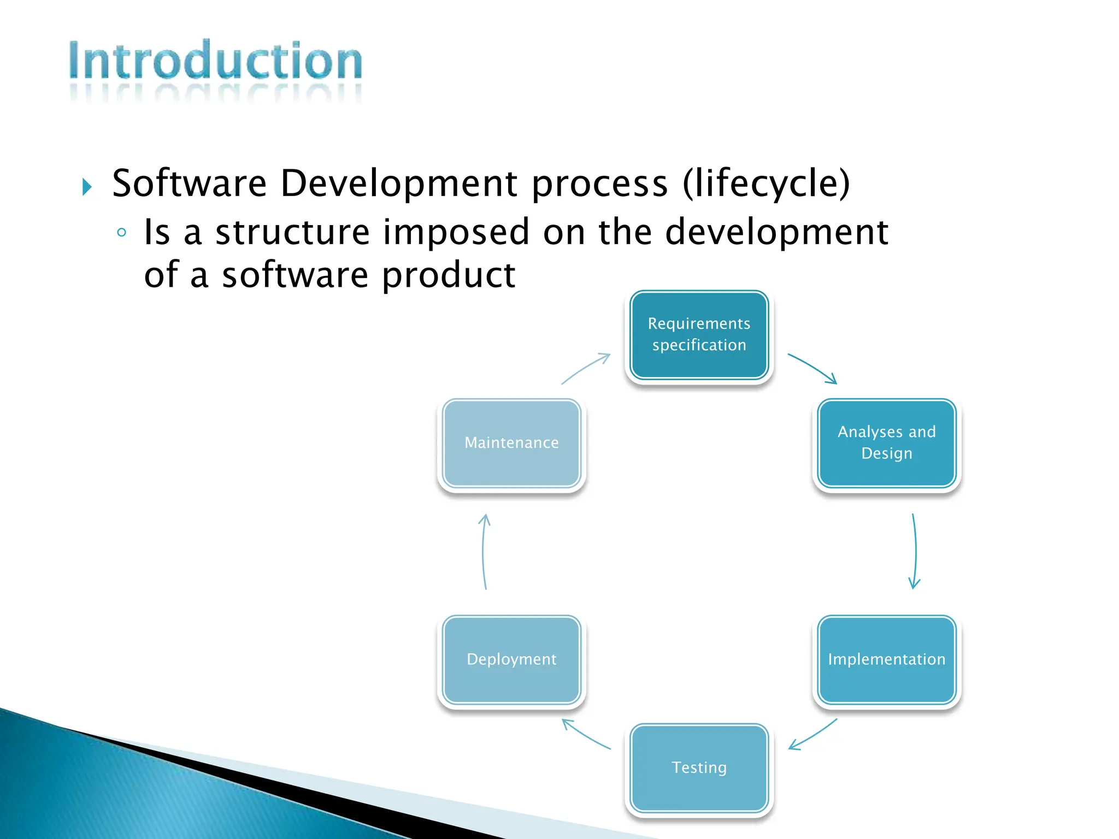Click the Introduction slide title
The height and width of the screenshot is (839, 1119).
(x=215, y=61)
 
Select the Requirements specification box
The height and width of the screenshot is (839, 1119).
(x=699, y=335)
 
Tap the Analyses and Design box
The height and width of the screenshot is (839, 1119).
(x=886, y=443)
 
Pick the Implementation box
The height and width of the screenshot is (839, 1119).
(x=886, y=659)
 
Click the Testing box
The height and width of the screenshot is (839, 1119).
(x=699, y=767)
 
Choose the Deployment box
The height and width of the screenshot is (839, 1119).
(x=511, y=659)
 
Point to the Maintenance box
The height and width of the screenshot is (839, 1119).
(x=511, y=443)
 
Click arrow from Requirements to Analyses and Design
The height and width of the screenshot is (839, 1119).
(x=813, y=367)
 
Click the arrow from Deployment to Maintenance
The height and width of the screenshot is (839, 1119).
(x=483, y=552)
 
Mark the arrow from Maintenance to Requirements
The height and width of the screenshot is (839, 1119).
(x=586, y=367)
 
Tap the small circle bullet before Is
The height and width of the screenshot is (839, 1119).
(x=122, y=233)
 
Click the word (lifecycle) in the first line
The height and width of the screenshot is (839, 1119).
(x=766, y=184)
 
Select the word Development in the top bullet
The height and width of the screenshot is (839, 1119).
(x=398, y=184)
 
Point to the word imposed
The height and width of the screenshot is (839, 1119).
(x=456, y=232)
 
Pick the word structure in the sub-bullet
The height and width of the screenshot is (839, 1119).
(x=293, y=232)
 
